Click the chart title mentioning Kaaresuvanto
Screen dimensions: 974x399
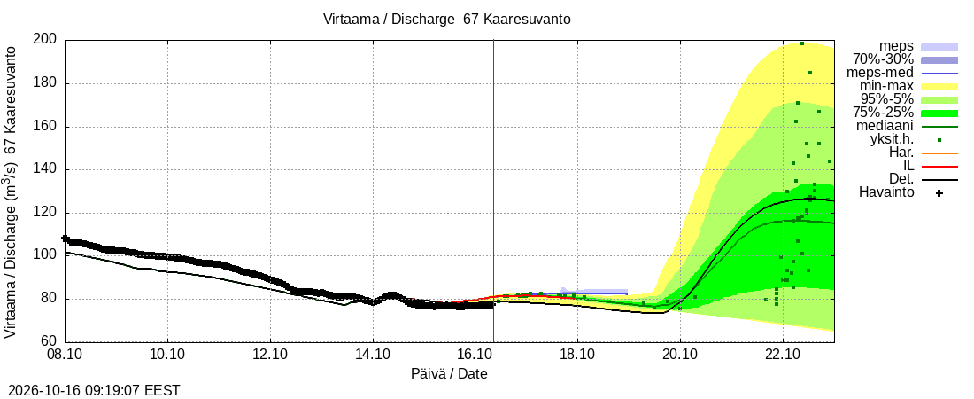click(446, 19)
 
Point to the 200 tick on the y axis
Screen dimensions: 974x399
click(48, 40)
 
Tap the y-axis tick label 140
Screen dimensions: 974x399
click(48, 169)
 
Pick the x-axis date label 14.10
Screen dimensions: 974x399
click(373, 354)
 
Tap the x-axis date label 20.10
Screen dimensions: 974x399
click(680, 354)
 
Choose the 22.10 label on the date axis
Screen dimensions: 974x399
click(783, 354)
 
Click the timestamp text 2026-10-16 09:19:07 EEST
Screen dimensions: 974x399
click(90, 391)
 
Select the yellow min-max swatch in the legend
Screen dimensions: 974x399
click(939, 87)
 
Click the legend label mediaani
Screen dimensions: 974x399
click(885, 127)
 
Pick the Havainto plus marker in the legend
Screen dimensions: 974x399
click(939, 193)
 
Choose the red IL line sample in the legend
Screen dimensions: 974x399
click(939, 167)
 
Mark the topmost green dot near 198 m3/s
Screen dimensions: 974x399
click(802, 43)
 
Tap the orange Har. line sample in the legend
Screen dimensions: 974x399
click(939, 153)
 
